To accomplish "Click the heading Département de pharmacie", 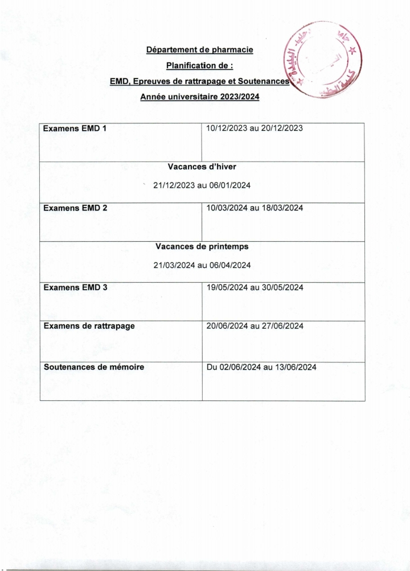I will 199,50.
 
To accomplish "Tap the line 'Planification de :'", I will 199,66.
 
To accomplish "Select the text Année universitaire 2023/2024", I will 199,97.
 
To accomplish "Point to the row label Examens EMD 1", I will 75,129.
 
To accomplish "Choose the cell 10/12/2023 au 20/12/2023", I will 255,129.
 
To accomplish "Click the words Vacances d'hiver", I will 202,167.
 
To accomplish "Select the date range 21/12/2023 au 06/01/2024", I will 202,185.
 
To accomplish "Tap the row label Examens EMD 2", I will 75,208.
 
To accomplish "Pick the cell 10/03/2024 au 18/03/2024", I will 255,208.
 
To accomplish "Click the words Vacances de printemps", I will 202,247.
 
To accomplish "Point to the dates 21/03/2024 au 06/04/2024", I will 202,265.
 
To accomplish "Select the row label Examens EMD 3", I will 75,288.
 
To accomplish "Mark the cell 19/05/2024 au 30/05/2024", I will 255,288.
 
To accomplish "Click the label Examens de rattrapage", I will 89,326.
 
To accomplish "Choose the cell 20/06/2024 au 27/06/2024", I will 255,326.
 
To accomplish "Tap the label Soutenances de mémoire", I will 94,367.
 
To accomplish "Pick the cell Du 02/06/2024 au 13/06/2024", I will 261,367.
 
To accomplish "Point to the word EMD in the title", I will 118,82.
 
